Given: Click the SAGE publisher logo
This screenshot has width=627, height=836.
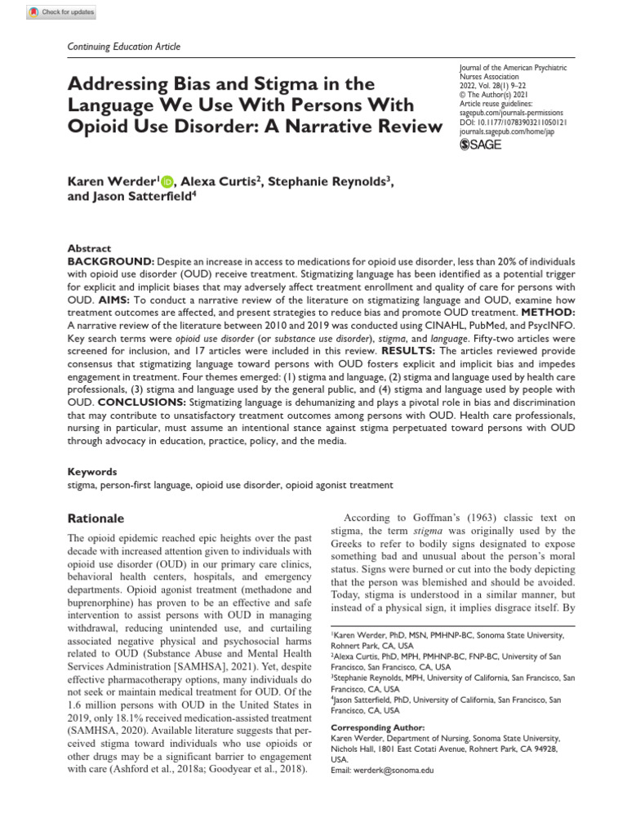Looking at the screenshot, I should pos(482,145).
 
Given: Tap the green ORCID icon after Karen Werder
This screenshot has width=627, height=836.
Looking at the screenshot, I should pos(167,181).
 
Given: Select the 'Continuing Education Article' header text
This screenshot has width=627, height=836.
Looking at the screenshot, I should pos(122,47).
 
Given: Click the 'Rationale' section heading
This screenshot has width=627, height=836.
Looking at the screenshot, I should pos(96,518).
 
